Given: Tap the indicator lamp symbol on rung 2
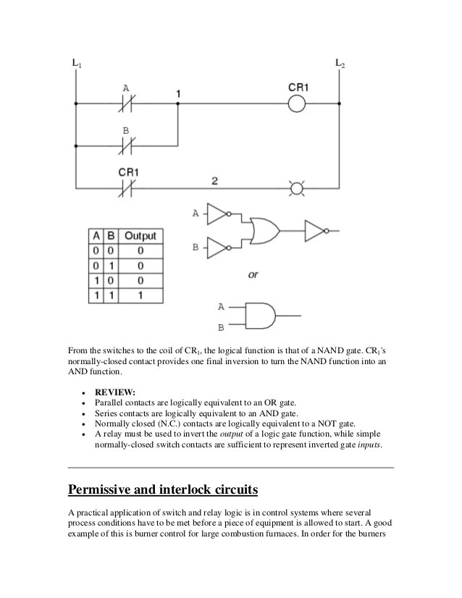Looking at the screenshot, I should click(x=296, y=190).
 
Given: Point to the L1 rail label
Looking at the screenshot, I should click(x=77, y=64).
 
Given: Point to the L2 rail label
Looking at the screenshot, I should click(x=340, y=64).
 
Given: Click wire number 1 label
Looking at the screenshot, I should click(x=178, y=93).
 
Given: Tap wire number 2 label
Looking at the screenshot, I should click(x=214, y=180).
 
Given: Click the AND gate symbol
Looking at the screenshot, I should click(x=259, y=316).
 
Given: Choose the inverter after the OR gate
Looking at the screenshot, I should click(x=317, y=231).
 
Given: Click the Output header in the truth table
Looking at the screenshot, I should click(x=140, y=236).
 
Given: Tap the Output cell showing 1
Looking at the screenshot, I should click(x=140, y=295).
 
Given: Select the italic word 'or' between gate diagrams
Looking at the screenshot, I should click(x=253, y=276).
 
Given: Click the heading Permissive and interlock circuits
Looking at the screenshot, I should click(x=162, y=490).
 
